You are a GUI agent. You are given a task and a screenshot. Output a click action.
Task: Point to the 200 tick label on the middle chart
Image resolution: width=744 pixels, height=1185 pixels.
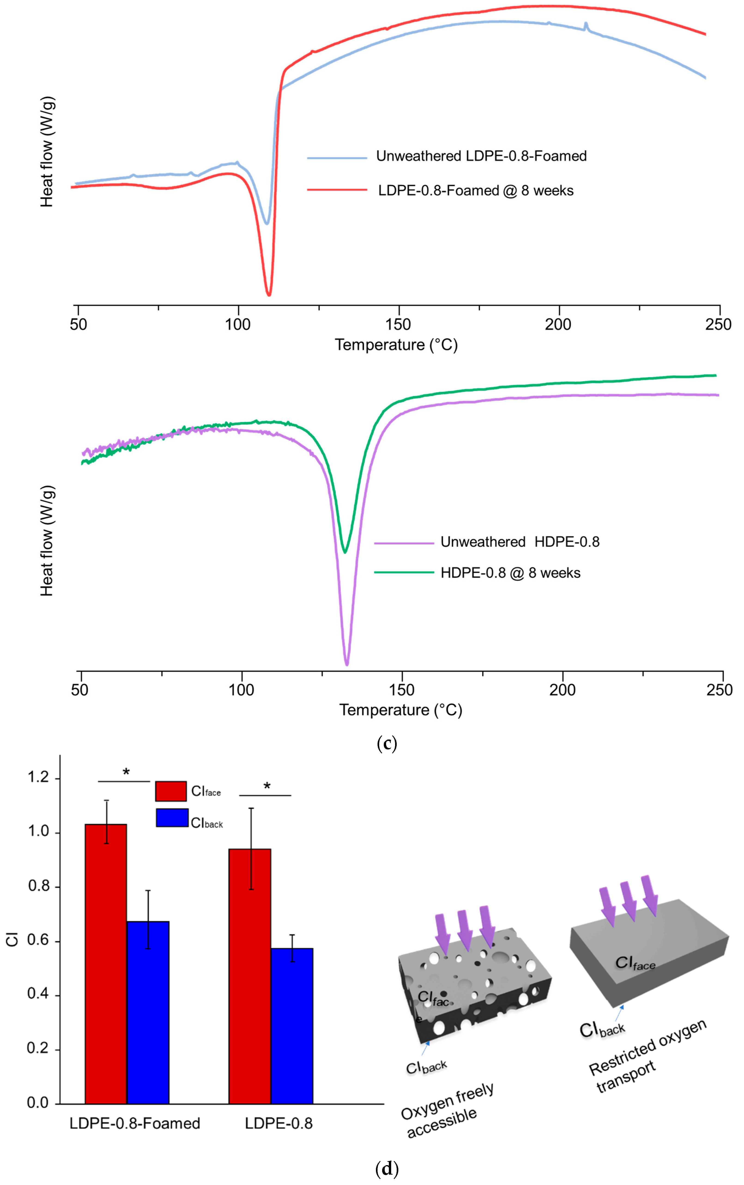tap(562, 690)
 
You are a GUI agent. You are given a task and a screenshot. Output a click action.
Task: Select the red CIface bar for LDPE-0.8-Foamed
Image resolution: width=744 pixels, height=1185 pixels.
tap(106, 964)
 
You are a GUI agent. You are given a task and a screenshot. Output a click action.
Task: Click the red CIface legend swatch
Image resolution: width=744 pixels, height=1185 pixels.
tap(171, 791)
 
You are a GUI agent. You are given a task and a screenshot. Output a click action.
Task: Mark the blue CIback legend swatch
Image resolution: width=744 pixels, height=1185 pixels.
tap(172, 818)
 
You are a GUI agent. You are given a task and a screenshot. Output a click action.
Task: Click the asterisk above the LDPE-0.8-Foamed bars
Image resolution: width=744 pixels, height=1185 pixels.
tap(126, 773)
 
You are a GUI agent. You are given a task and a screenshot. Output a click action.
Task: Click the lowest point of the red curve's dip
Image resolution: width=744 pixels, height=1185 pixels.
tap(269, 295)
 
